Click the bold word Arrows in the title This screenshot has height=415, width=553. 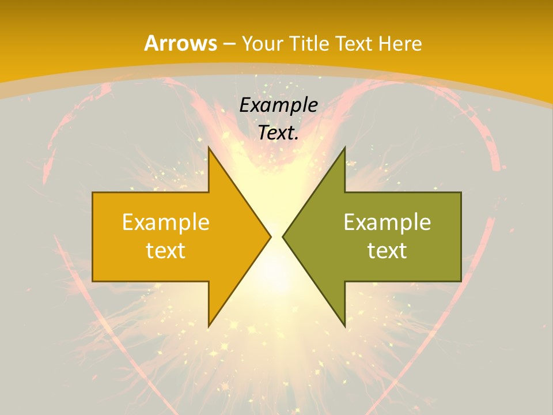point(180,43)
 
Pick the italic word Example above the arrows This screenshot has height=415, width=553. point(278,105)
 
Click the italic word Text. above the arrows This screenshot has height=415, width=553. point(278,133)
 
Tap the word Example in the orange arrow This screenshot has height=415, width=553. point(165,222)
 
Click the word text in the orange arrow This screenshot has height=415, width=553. point(165,250)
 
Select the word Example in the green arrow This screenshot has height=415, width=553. point(387,222)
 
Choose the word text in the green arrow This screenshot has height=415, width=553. point(387,250)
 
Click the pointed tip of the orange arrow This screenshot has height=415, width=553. point(271,236)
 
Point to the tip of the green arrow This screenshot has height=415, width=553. point(283,236)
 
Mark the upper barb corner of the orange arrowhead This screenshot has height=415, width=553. point(209,148)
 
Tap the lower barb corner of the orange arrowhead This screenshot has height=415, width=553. point(209,326)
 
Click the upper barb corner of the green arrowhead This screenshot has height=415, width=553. point(344,148)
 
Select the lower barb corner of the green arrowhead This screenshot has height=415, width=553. point(344,326)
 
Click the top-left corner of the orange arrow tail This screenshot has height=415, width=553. point(93,193)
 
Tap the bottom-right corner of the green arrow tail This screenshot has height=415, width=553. point(461,281)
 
